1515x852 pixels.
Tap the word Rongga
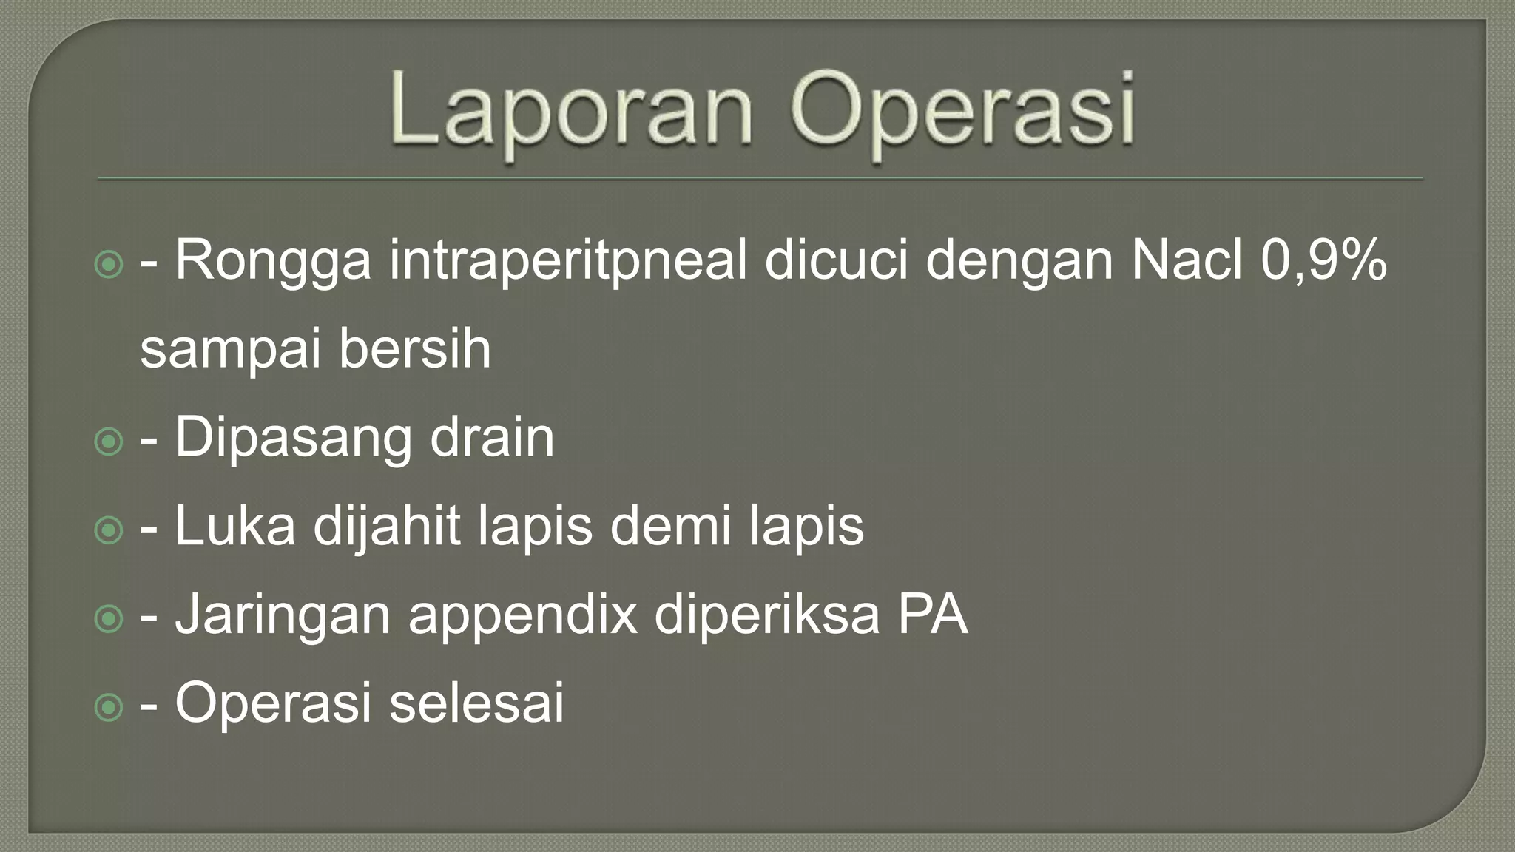click(273, 262)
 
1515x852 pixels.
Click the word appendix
click(522, 616)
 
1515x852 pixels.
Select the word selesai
click(476, 702)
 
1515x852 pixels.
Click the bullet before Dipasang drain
click(109, 442)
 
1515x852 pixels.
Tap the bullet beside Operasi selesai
click(109, 707)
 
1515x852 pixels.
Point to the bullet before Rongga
click(109, 265)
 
